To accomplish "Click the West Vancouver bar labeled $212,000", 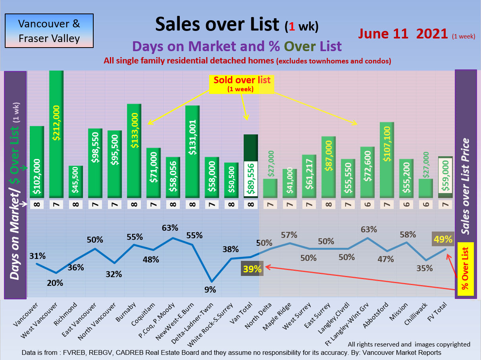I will coord(56,135).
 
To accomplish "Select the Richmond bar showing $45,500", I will coord(75,182).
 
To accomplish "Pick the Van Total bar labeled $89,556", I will coord(251,167).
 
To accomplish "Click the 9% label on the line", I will coord(210,290).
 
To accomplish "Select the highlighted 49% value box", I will coord(443,239).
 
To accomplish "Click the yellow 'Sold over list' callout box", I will coord(242,83).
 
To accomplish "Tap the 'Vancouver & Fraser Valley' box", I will coord(49,31).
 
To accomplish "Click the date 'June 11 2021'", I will coord(403,34).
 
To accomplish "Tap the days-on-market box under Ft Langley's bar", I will coord(367,205).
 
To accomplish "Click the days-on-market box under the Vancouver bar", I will coord(37,205).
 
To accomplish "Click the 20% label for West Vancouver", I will coord(55,283).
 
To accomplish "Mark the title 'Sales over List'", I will coord(217,24).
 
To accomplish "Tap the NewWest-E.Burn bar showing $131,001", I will coord(192,151).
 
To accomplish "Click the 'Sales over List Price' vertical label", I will coord(466,186).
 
